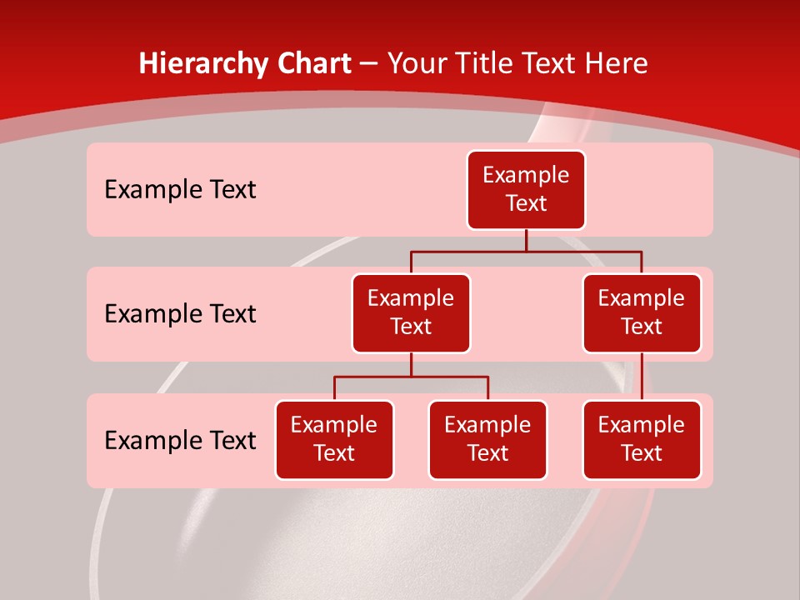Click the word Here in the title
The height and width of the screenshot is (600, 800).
point(616,64)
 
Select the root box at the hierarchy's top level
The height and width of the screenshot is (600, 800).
point(526,189)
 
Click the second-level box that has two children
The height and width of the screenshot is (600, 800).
point(411,312)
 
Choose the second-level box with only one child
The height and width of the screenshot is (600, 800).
point(642,312)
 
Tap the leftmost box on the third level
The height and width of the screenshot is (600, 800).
point(334,439)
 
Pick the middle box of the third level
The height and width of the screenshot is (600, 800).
point(487,439)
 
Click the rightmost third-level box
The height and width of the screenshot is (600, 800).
point(642,439)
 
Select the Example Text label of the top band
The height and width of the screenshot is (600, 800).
point(180,190)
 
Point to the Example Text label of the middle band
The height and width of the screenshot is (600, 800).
point(180,314)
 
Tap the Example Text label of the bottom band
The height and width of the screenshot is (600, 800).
point(180,440)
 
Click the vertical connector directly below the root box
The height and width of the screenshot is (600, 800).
point(526,240)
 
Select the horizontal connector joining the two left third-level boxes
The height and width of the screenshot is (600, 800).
point(411,377)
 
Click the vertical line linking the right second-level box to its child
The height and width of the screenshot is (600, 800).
point(642,377)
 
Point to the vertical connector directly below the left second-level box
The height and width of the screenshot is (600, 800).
point(411,365)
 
